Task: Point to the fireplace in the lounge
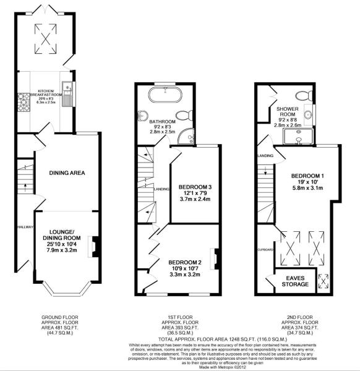(93, 245)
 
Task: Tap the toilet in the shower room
(302, 96)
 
